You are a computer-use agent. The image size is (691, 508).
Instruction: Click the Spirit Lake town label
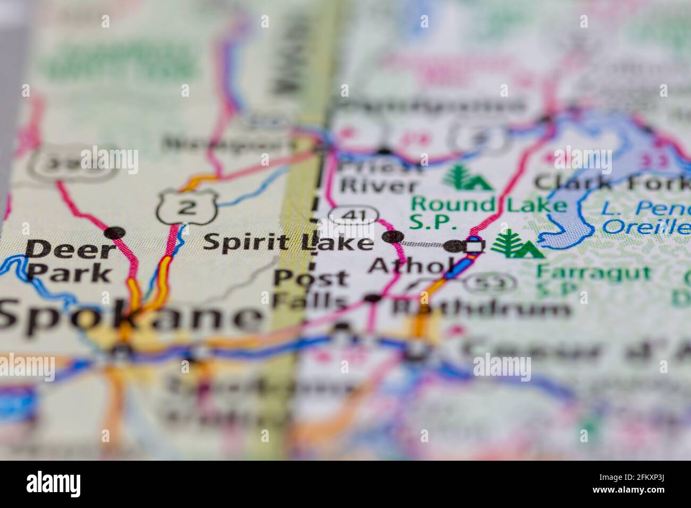pyautogui.click(x=289, y=242)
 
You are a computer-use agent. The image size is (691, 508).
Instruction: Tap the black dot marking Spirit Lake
pyautogui.click(x=393, y=237)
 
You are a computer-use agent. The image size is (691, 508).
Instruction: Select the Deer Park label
pyautogui.click(x=71, y=260)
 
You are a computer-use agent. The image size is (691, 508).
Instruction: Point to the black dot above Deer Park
pyautogui.click(x=114, y=232)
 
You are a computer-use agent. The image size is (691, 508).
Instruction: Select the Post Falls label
pyautogui.click(x=310, y=289)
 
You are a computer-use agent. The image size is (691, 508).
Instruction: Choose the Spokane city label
pyautogui.click(x=128, y=317)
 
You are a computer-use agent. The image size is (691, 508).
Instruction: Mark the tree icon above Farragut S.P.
pyautogui.click(x=516, y=244)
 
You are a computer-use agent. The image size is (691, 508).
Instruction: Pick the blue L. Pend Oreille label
pyautogui.click(x=646, y=218)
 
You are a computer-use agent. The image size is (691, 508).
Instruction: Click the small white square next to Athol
pyautogui.click(x=475, y=246)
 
